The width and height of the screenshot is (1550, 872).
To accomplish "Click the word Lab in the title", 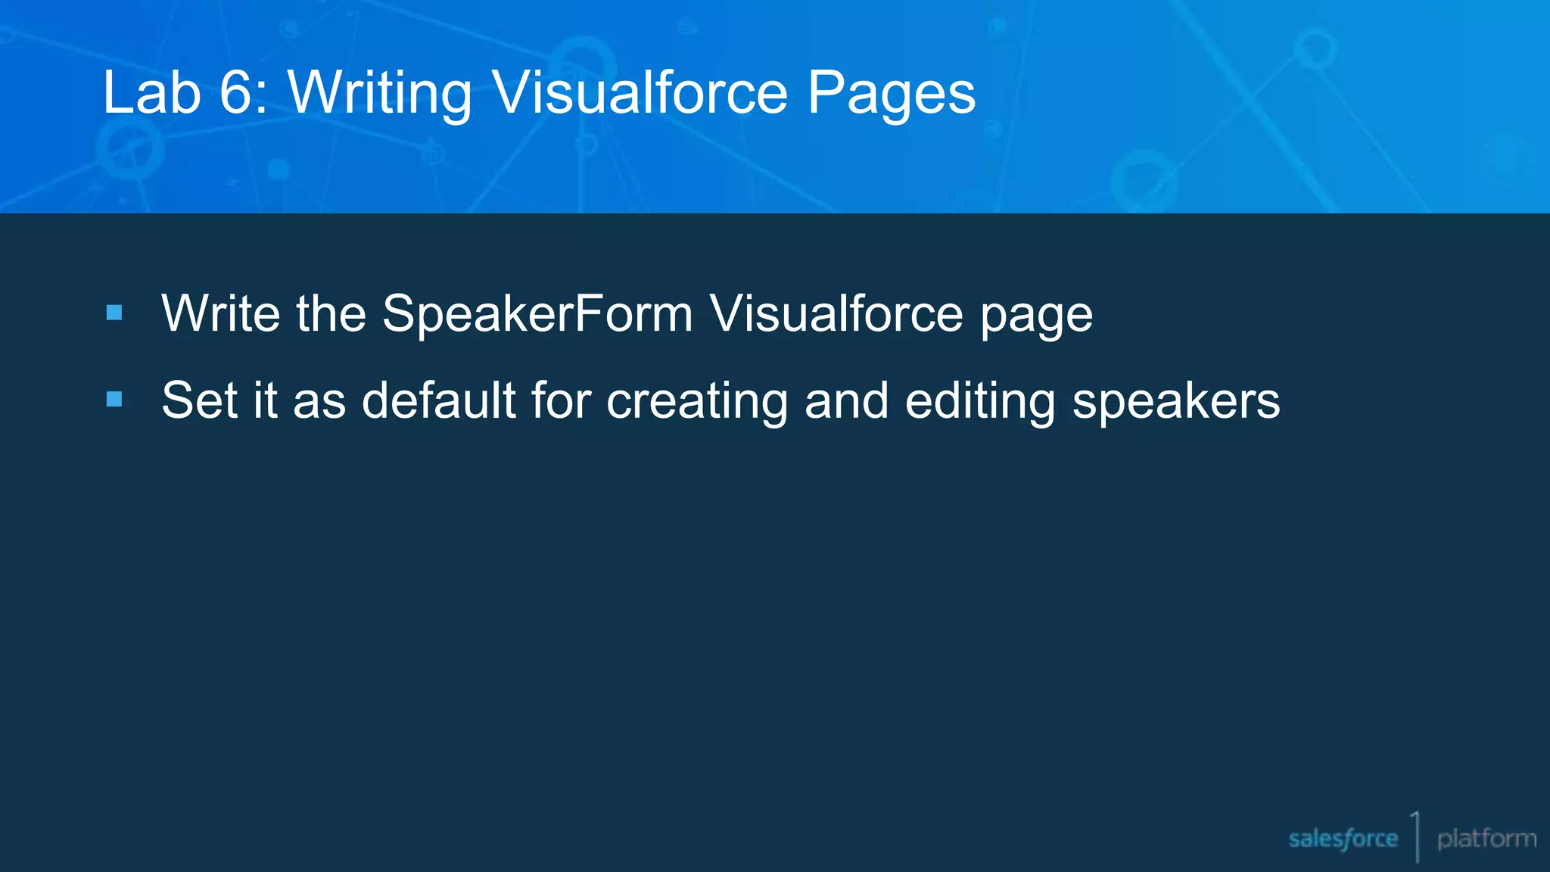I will pyautogui.click(x=152, y=92).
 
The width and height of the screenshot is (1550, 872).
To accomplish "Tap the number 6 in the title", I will pyautogui.click(x=237, y=92).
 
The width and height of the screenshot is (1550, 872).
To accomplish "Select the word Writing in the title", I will pyautogui.click(x=380, y=94).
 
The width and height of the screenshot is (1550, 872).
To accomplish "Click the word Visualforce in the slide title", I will pyautogui.click(x=640, y=92).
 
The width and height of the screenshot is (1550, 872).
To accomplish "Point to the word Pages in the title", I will pyautogui.click(x=892, y=94).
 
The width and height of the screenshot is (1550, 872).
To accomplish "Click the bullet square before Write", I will pyautogui.click(x=115, y=313).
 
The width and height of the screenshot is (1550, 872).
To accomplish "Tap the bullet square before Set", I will pyautogui.click(x=115, y=399).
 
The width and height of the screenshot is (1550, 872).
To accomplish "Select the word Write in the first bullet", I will pyautogui.click(x=220, y=313).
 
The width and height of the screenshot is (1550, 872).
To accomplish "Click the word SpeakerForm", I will pyautogui.click(x=537, y=313).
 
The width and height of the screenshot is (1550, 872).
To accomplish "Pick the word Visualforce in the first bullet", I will pyautogui.click(x=836, y=313).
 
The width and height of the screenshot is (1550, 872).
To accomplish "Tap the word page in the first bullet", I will pyautogui.click(x=1037, y=316).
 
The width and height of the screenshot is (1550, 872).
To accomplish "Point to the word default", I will pyautogui.click(x=439, y=400).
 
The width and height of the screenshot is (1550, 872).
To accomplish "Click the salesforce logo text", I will pyautogui.click(x=1343, y=839).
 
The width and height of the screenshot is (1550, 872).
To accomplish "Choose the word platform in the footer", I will pyautogui.click(x=1486, y=839).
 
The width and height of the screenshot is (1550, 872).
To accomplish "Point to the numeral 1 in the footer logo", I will pyautogui.click(x=1415, y=825).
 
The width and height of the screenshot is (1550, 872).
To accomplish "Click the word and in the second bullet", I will pyautogui.click(x=846, y=400).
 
